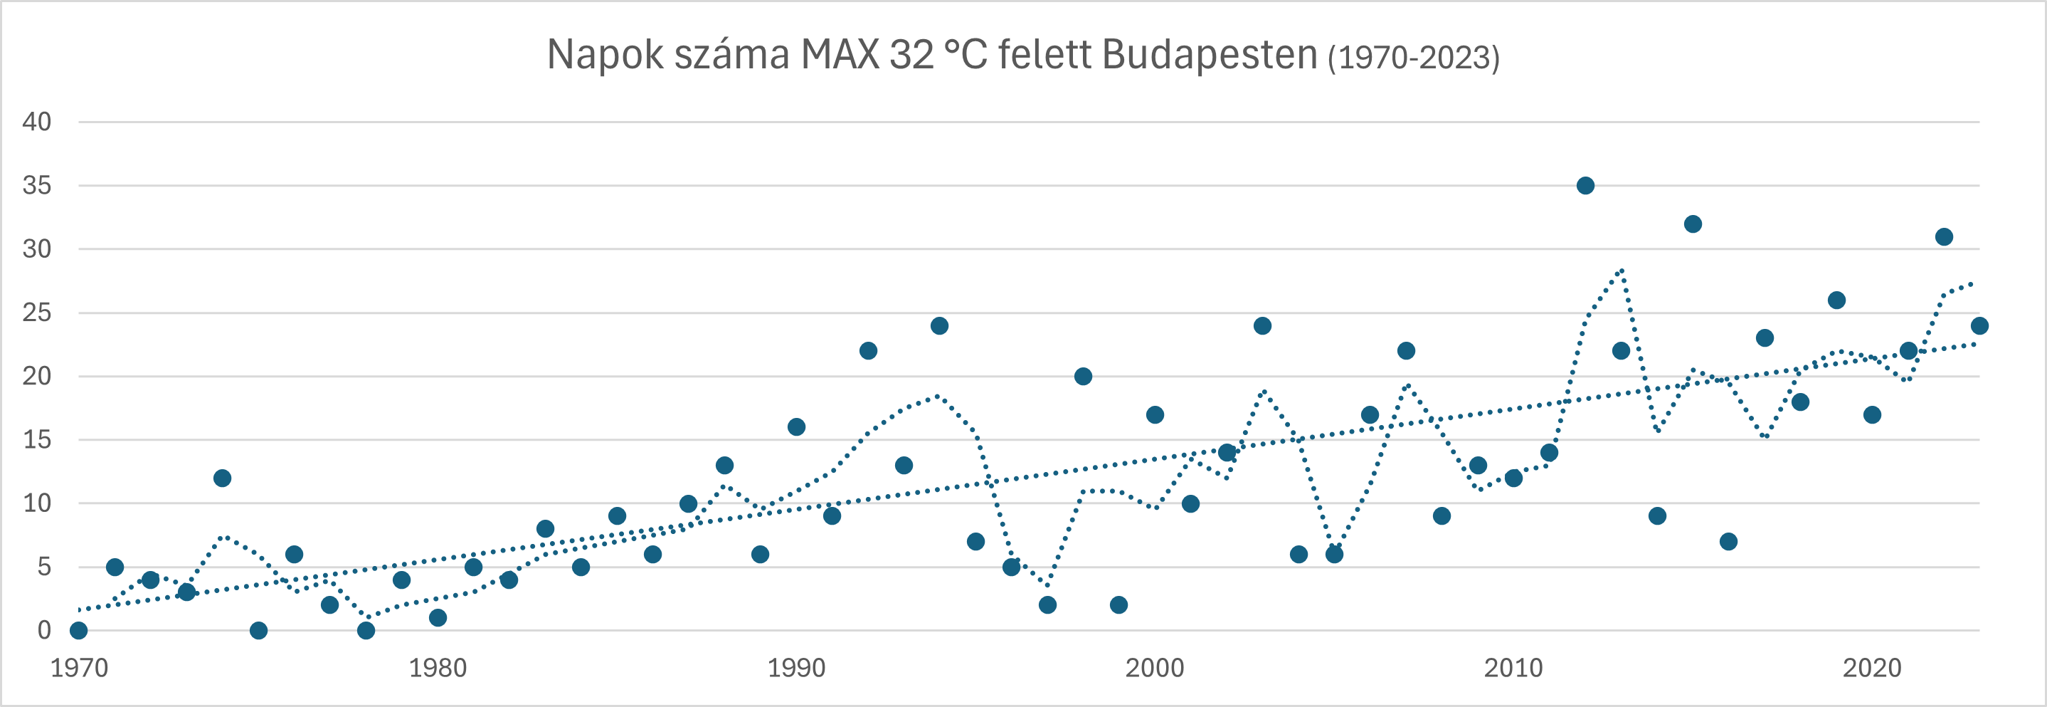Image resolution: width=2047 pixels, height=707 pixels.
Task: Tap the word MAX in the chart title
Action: [x=840, y=56]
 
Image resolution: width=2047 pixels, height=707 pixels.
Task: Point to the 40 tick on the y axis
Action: [x=36, y=122]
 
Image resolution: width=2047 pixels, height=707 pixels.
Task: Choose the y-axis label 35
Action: [x=36, y=185]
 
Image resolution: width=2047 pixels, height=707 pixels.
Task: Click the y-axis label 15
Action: [x=36, y=440]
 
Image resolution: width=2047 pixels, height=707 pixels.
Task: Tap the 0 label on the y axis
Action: [x=45, y=631]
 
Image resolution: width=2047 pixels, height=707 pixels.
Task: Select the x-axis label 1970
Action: [x=79, y=668]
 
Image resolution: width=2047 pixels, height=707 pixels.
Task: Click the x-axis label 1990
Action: [x=796, y=668]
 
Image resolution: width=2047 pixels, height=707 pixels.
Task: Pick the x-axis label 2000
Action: [x=1155, y=668]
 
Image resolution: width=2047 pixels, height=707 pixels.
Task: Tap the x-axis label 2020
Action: [x=1872, y=668]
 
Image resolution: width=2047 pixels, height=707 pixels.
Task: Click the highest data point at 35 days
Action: [x=1585, y=185]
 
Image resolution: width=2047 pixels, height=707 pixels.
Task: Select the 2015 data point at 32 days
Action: [x=1693, y=224]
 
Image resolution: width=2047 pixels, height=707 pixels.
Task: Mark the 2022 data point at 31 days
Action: [x=1944, y=236]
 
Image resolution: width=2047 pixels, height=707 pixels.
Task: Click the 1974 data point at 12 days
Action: [x=223, y=478]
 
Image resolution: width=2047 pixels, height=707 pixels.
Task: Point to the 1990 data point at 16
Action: [x=796, y=427]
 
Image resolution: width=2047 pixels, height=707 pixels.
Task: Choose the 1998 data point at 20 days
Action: [x=1083, y=376]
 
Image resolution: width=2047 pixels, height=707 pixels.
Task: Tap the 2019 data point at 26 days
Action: [x=1836, y=300]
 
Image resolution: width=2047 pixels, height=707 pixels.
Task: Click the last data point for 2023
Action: [x=1979, y=325]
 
